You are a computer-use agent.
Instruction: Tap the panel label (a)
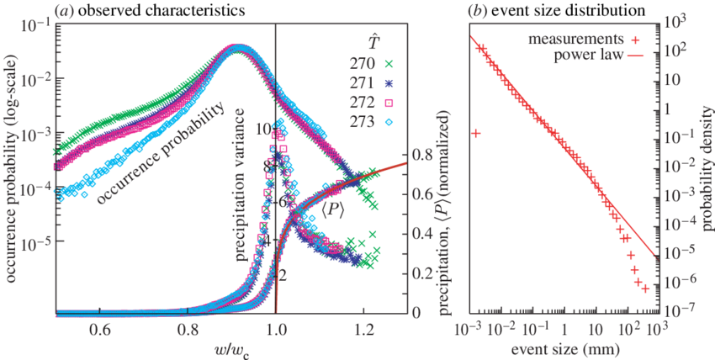pos(61,8)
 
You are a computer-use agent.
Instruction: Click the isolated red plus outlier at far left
pos(475,133)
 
